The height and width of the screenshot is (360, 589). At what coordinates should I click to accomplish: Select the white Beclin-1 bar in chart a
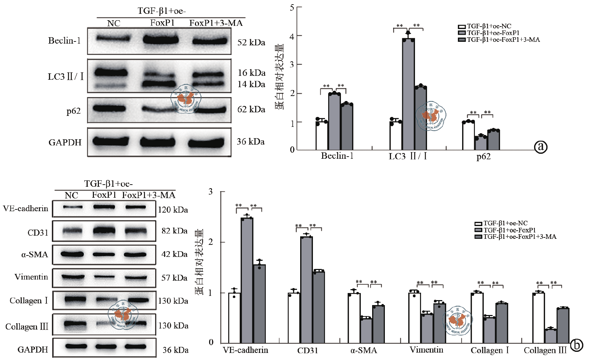pos(322,136)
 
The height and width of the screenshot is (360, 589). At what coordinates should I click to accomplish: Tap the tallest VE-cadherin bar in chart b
pos(247,280)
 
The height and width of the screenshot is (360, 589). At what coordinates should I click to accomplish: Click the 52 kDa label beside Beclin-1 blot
pos(251,43)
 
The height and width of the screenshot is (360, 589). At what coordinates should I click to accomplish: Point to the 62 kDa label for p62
pos(251,109)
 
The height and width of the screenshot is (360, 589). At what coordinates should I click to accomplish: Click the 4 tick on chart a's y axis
pos(292,36)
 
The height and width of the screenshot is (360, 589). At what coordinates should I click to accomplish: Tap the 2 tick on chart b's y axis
pos(211,242)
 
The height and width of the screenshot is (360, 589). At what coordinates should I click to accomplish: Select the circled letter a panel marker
pos(541,146)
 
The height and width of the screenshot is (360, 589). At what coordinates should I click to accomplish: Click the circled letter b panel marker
pos(577,345)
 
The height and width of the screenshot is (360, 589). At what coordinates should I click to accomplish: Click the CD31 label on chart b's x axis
pos(307,350)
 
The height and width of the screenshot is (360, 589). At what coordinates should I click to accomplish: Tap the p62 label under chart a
pos(483,157)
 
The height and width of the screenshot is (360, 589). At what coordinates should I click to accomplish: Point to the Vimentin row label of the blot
pos(31,277)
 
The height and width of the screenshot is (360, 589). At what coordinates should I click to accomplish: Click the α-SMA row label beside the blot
pos(34,254)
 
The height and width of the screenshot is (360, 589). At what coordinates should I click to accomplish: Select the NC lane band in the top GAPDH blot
pos(111,142)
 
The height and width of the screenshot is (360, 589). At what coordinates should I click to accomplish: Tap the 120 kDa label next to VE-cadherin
pos(173,210)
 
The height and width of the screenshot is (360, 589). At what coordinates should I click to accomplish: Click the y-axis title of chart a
pos(280,77)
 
